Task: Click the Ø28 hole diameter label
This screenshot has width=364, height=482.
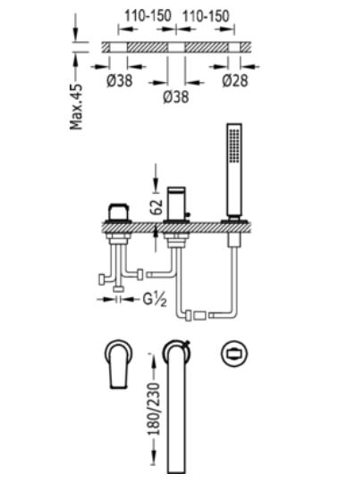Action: coord(235,81)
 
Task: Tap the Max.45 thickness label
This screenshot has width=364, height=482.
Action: coord(76,107)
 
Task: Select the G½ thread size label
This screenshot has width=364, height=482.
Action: coord(155,299)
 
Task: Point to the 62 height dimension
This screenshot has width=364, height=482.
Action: coord(157,206)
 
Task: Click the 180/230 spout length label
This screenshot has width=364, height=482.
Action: coord(155,409)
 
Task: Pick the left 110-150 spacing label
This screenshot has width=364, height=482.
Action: coord(148,16)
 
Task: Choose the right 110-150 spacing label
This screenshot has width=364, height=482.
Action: coord(206,16)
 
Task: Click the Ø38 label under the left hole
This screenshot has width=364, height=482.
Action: coord(120,81)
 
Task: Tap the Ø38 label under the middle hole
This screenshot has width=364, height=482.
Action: coord(176,97)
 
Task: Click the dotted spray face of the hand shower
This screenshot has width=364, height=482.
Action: coord(234,145)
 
